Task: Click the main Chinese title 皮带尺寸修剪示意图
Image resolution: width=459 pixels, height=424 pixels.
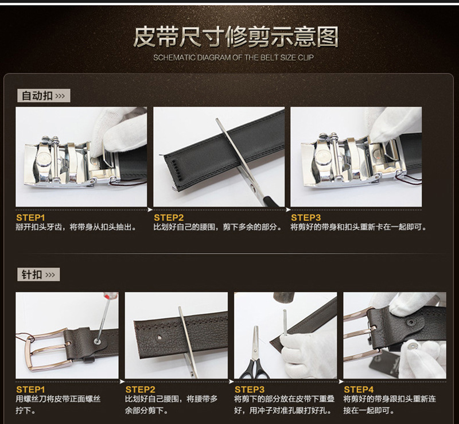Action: point(236,37)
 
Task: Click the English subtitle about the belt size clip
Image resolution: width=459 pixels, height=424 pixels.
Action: point(234,57)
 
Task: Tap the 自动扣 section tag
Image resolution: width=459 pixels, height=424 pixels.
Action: point(44,96)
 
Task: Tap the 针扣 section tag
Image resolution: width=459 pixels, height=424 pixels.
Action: point(38,275)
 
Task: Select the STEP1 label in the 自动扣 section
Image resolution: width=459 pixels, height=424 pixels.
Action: point(30,217)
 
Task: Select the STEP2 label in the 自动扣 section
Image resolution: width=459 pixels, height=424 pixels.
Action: point(169,217)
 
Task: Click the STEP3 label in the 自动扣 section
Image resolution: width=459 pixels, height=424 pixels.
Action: point(306,217)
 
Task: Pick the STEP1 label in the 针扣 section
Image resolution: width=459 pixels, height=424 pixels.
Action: point(30,390)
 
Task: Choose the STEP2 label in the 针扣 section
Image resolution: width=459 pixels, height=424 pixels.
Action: point(140,390)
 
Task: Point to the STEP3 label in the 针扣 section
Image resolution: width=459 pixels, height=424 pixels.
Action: point(250,390)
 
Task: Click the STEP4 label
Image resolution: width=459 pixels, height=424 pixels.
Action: point(359,390)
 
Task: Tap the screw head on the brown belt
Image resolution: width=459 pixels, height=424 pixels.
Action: point(97,341)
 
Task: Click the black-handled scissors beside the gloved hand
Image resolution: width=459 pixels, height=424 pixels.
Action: point(255,355)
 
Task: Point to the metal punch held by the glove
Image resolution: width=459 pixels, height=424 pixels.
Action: point(285,322)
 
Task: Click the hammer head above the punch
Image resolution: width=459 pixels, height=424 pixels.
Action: point(283,297)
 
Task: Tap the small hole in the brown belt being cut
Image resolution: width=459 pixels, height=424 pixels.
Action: point(159,337)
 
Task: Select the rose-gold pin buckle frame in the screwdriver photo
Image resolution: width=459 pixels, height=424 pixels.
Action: point(47,350)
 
